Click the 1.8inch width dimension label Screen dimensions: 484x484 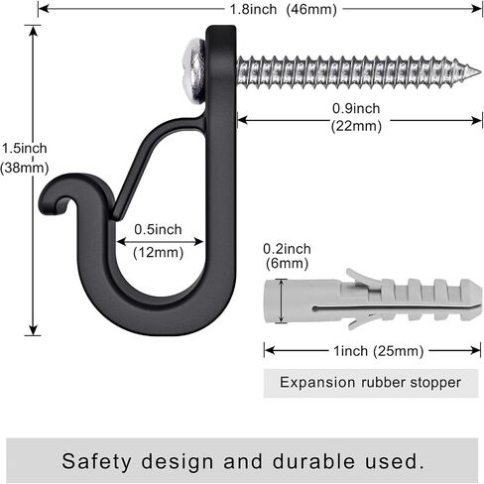pos(253,9)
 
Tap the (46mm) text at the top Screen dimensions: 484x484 pos(311,10)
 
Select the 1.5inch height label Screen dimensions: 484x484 pos(24,148)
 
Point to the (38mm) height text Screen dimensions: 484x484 pos(24,168)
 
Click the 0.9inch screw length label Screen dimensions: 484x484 pos(356,108)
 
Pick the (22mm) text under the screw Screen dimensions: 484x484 pos(356,126)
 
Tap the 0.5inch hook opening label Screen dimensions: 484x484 pos(158,229)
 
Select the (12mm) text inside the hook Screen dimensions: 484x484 pos(158,253)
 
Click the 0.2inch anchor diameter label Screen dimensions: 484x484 pos(287,249)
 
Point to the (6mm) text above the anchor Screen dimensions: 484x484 pos(287,264)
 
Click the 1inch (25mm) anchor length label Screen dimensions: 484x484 pos(378,351)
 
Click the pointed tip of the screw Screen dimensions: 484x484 pos(480,70)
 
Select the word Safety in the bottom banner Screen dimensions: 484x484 pos(96,461)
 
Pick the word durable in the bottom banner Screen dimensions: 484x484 pos(313,461)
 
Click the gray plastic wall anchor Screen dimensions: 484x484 pos(373,301)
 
